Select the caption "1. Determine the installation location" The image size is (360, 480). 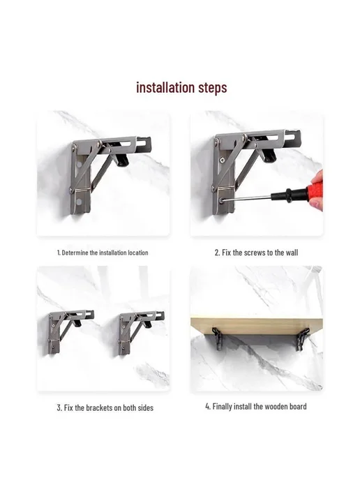coord(103,253)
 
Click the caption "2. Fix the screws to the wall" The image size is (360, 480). coord(256,253)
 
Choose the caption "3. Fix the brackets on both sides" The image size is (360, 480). coord(105,407)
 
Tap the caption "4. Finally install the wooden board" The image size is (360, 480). coord(256,407)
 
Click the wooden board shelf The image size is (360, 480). coord(256,326)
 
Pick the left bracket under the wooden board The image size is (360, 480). coord(218,338)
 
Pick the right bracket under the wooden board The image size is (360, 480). coord(303,339)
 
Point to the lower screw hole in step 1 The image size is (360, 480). coord(79,202)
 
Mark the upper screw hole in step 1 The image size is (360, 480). coord(79,165)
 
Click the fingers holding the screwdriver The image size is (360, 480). coord(317,192)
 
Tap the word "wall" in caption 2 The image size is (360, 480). coord(292,253)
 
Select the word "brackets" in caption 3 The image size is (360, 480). coord(99,407)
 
